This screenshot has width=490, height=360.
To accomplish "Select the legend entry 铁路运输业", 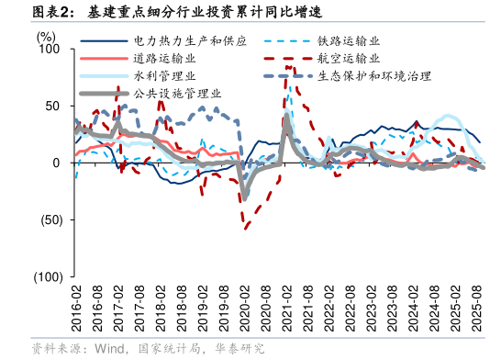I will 349,41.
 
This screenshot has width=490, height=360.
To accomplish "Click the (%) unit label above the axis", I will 45,37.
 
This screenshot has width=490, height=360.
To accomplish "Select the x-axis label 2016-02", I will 76,309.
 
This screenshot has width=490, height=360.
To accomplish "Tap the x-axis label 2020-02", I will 244,309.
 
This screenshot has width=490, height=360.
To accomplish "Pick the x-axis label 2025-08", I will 476,309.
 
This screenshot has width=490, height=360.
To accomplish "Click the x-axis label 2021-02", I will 286,309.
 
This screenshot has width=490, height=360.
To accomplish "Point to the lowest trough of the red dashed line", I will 245,228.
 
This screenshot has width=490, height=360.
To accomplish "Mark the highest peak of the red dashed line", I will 288,66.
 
